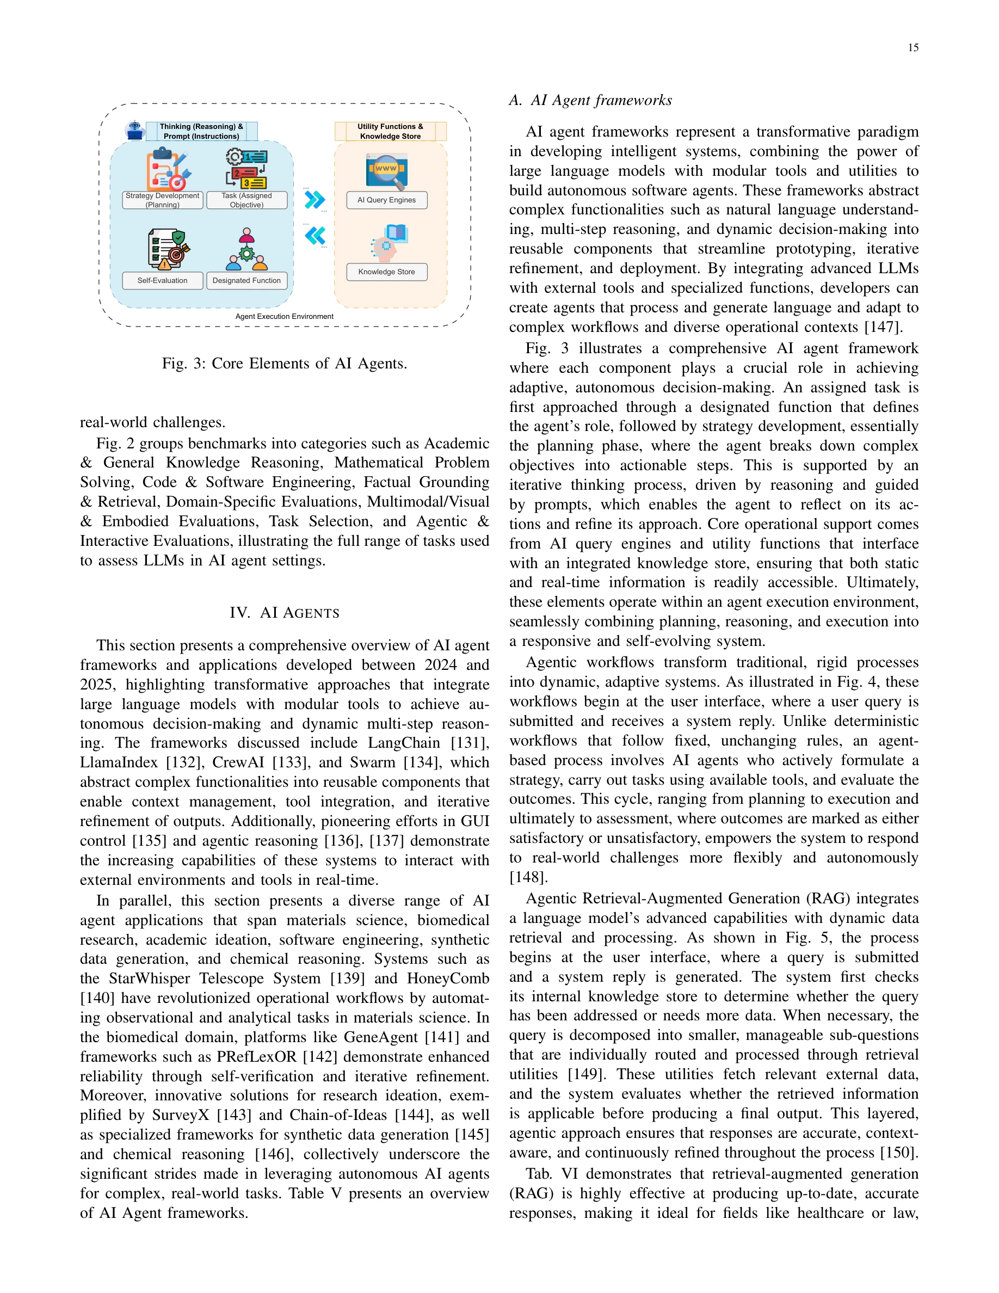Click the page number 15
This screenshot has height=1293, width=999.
[912, 48]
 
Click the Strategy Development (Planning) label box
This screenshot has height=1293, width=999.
[162, 200]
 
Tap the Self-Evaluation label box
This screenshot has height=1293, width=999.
[162, 281]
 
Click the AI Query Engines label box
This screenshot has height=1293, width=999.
[386, 200]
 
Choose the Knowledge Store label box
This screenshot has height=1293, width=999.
[386, 272]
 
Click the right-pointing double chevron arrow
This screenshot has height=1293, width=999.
[315, 200]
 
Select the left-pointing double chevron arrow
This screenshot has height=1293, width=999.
[315, 236]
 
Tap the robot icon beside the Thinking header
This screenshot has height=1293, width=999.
[135, 130]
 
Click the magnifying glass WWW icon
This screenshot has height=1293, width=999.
[386, 170]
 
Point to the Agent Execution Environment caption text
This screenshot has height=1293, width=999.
[284, 317]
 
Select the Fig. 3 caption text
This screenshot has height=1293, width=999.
[284, 364]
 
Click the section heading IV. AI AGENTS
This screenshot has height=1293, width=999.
[284, 613]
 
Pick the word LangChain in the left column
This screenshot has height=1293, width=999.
[404, 743]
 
